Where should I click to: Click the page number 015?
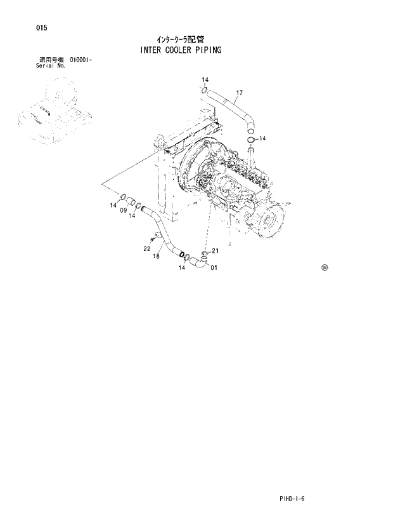click(x=24, y=27)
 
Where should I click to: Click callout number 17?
click(x=238, y=93)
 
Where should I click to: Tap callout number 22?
click(x=146, y=248)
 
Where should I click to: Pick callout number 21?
click(x=215, y=250)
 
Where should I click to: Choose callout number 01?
click(x=214, y=267)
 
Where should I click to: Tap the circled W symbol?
click(x=325, y=267)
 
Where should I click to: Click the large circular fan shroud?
click(x=196, y=172)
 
